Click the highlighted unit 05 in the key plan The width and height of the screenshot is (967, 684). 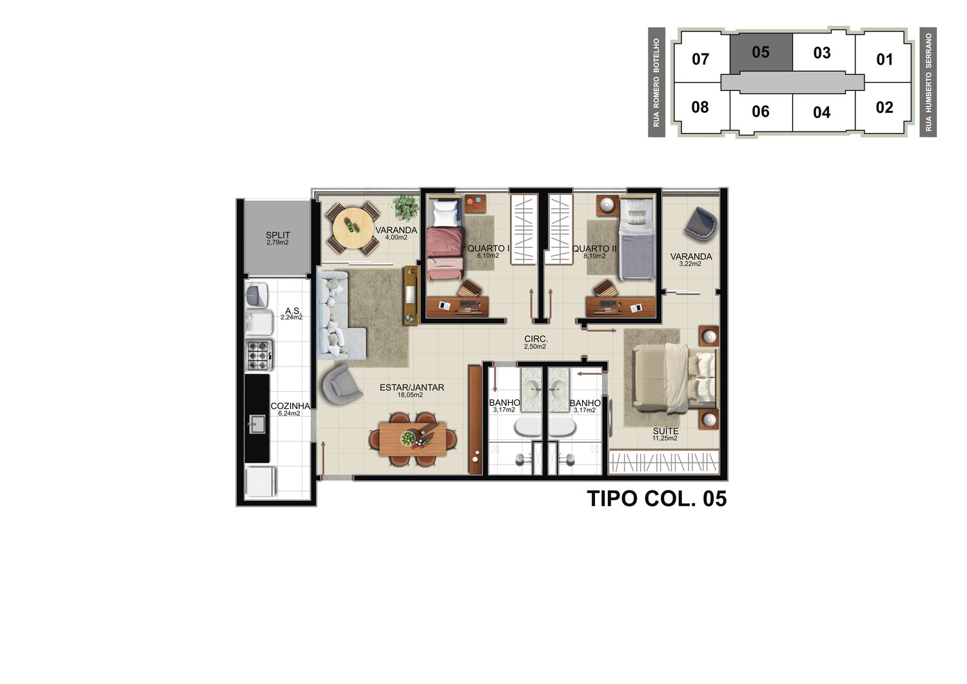pyautogui.click(x=761, y=52)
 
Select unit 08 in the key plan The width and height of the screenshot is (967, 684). pyautogui.click(x=699, y=107)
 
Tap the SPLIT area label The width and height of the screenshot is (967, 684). pyautogui.click(x=278, y=235)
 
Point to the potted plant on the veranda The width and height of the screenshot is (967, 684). pyautogui.click(x=405, y=208)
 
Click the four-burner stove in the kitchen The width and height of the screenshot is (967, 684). pyautogui.click(x=259, y=356)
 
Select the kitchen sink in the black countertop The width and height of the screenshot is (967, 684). pyautogui.click(x=258, y=424)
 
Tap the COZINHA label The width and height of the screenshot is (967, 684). pyautogui.click(x=290, y=406)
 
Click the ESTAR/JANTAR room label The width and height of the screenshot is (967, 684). pyautogui.click(x=412, y=388)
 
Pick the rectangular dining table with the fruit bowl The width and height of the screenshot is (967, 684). pyautogui.click(x=413, y=439)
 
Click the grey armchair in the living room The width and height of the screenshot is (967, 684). pyautogui.click(x=341, y=385)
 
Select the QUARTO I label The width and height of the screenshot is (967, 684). pyautogui.click(x=488, y=248)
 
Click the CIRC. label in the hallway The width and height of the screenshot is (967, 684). pyautogui.click(x=536, y=339)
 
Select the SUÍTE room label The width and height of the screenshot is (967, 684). pyautogui.click(x=666, y=431)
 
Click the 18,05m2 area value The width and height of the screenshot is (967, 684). pyautogui.click(x=410, y=395)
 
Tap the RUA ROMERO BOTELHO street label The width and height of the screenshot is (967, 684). pyautogui.click(x=657, y=83)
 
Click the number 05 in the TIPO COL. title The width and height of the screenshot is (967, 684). pyautogui.click(x=714, y=498)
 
